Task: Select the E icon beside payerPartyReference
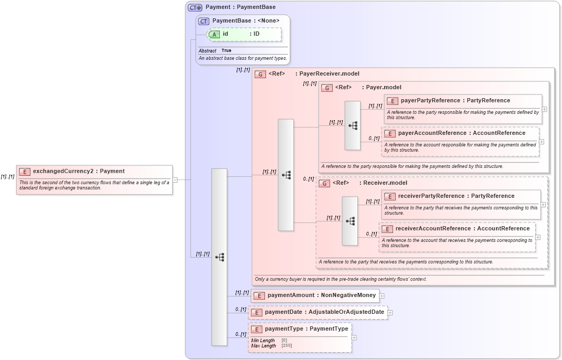(x=392, y=101)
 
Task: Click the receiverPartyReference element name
(x=431, y=196)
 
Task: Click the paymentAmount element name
(x=291, y=295)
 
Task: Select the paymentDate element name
(x=284, y=312)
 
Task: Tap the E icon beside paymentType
(x=257, y=330)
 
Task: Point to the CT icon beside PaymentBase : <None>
(x=204, y=21)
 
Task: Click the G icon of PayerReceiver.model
(x=260, y=74)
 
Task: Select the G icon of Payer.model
(x=327, y=88)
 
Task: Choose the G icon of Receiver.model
(x=324, y=183)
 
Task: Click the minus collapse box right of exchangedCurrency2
(x=175, y=179)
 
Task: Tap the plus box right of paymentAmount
(x=382, y=296)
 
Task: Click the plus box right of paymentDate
(x=390, y=313)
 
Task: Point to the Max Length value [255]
(x=287, y=346)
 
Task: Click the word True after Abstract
(x=226, y=50)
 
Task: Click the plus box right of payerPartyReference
(x=544, y=109)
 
